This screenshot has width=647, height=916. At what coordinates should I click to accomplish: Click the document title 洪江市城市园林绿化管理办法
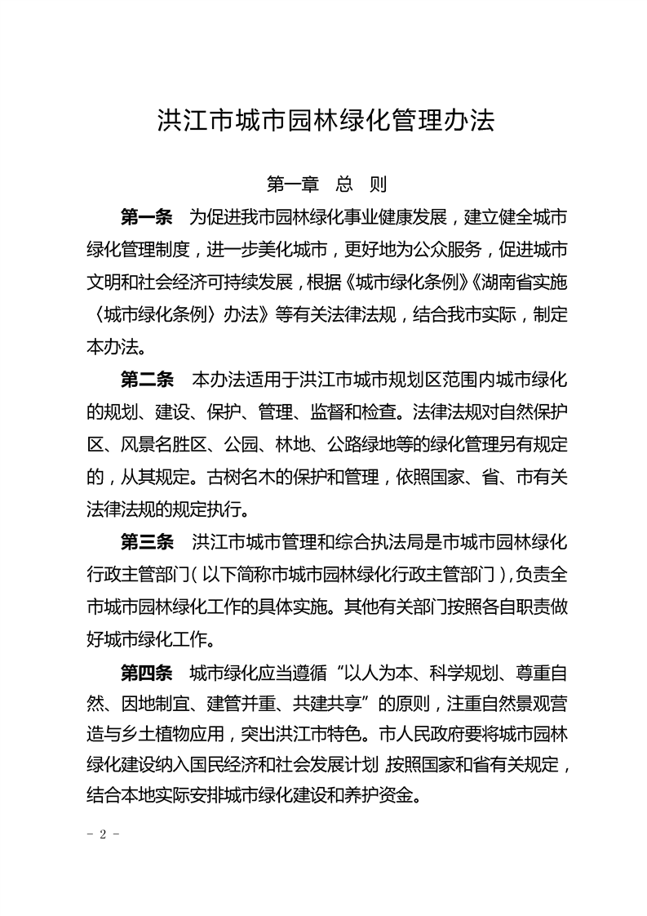click(x=326, y=122)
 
